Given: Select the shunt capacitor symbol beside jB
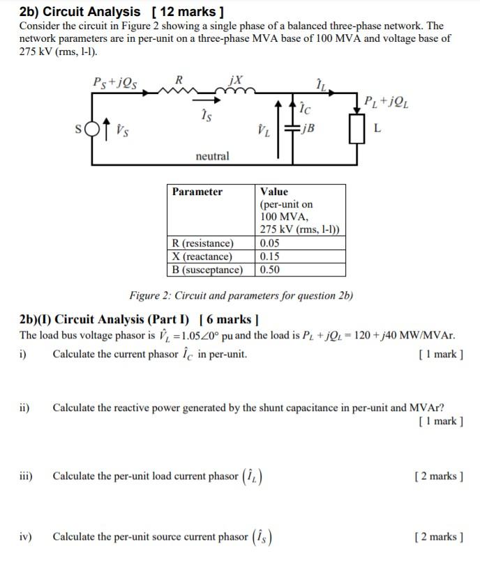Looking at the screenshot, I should (x=287, y=129).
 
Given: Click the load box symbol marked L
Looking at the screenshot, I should (x=358, y=130).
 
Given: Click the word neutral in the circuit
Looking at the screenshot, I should (x=212, y=156).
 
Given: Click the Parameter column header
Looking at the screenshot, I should (x=197, y=192).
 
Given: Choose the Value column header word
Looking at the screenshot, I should (x=273, y=192).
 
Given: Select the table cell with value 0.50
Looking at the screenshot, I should (x=269, y=270).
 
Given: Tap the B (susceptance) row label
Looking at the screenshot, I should (x=207, y=270).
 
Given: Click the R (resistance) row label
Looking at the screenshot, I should (x=202, y=244).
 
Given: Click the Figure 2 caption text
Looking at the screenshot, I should (x=241, y=295).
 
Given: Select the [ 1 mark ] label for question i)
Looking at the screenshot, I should (x=439, y=354).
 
